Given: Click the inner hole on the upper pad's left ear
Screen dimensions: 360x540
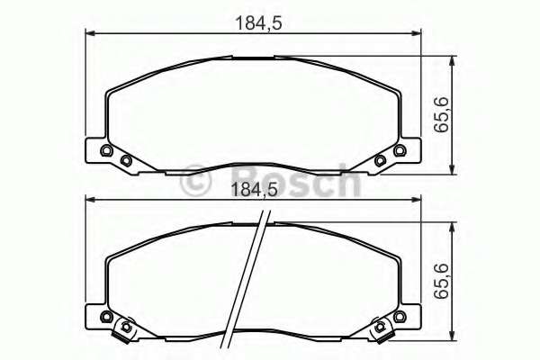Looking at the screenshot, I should pyautogui.click(x=126, y=161).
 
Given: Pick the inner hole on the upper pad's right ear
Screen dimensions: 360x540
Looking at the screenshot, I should pyautogui.click(x=380, y=161).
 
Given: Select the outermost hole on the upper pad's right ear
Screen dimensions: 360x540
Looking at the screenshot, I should pyautogui.click(x=398, y=150).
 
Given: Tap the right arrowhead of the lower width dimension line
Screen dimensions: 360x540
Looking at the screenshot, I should pyautogui.click(x=417, y=202).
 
